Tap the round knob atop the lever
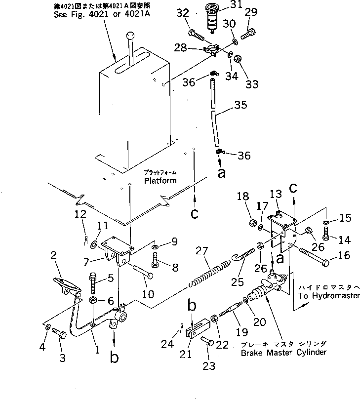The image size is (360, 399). coord(131,36)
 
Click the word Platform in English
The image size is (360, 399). coord(161,181)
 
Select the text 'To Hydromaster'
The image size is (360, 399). coord(329,295)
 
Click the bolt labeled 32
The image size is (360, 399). coord(198,36)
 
